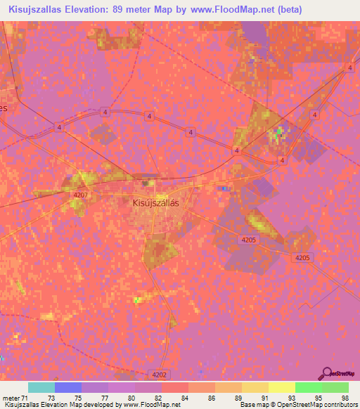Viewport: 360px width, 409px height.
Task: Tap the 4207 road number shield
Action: (x=81, y=195)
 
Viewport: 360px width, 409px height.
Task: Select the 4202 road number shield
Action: (x=159, y=374)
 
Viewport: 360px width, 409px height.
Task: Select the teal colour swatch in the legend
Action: (x=41, y=388)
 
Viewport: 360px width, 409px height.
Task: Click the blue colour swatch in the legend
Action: (x=68, y=388)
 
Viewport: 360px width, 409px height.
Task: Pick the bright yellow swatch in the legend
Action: (x=281, y=388)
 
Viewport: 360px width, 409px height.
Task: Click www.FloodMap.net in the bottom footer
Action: (x=152, y=404)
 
